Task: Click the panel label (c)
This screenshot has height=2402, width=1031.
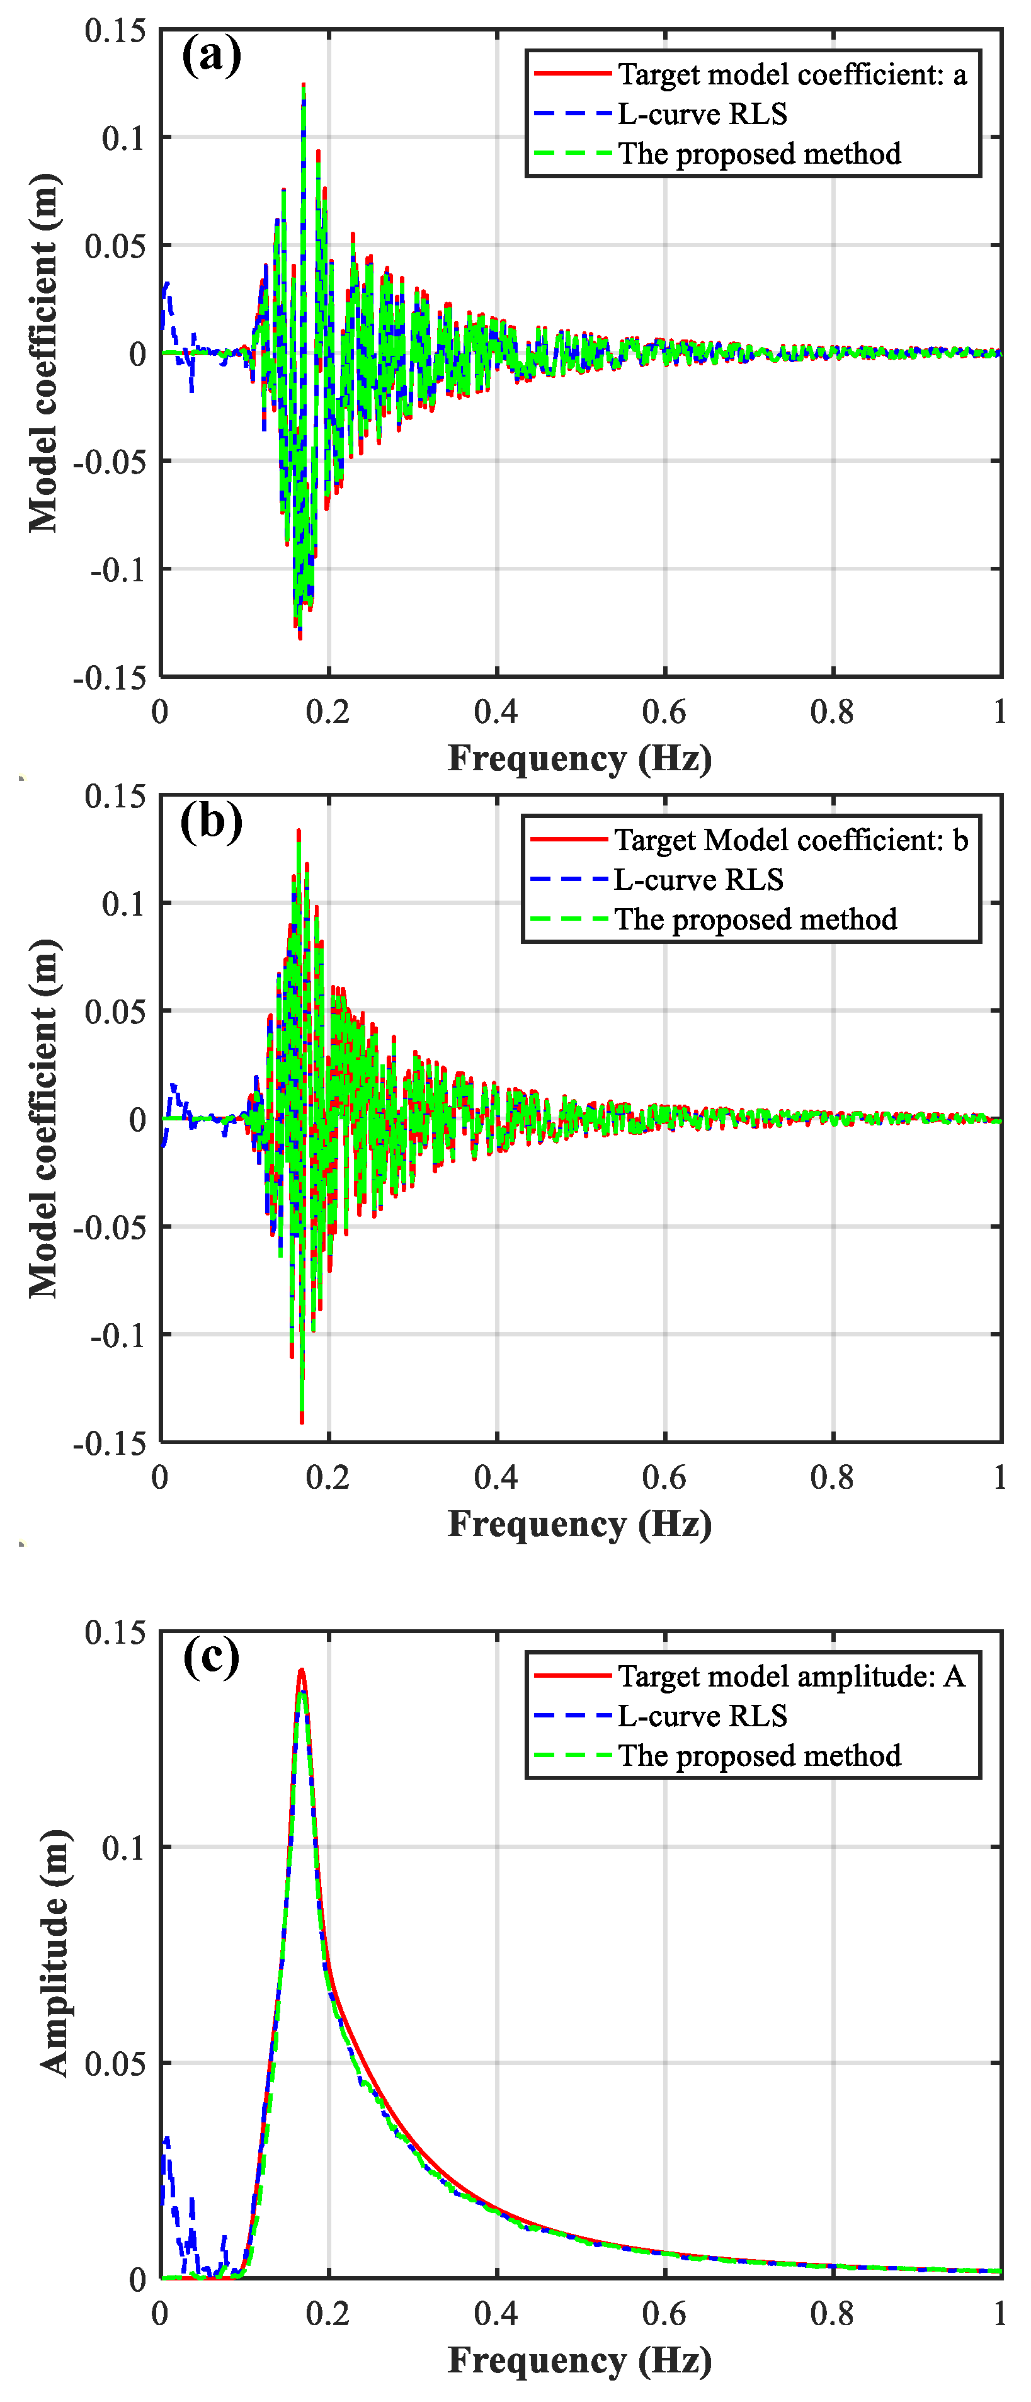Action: (x=212, y=1657)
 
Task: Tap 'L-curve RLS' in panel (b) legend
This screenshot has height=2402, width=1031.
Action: (x=698, y=879)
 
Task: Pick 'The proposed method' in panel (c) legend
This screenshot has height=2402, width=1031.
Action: (x=759, y=1756)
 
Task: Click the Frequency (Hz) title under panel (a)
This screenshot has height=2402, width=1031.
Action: (x=580, y=758)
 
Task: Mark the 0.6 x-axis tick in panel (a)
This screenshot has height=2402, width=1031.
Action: (x=664, y=712)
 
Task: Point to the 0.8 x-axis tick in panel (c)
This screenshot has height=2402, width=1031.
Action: (x=831, y=2313)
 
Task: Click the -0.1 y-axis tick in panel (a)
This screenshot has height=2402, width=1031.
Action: (x=118, y=569)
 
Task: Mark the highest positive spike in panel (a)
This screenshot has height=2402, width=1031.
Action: (x=303, y=86)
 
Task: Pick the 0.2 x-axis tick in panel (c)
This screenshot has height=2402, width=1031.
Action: (x=328, y=2313)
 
